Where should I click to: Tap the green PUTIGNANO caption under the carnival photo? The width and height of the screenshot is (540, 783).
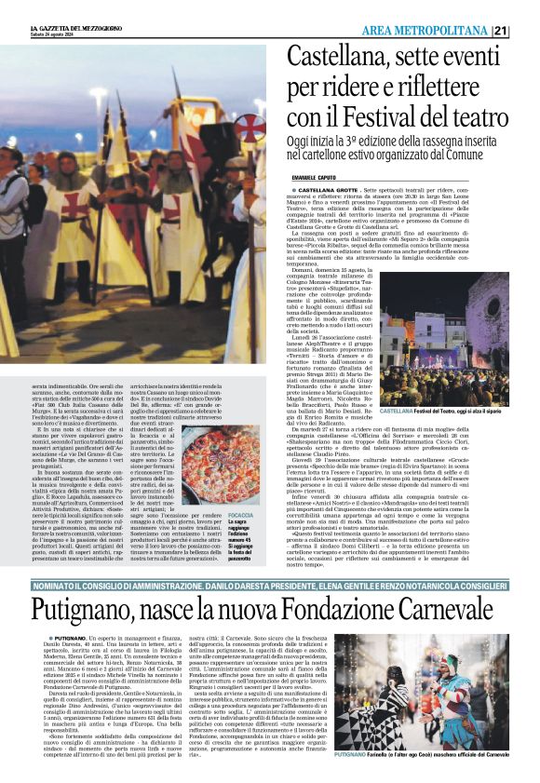(356, 755)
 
